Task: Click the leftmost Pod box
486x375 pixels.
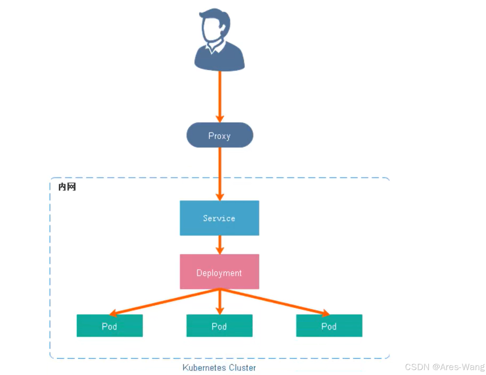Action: click(110, 326)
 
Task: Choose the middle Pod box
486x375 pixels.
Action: click(219, 326)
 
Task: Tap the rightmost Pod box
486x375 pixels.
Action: click(329, 326)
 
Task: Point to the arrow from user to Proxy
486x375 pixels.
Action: click(220, 95)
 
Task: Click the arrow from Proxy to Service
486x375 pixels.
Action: click(220, 173)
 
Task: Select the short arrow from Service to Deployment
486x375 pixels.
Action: click(220, 244)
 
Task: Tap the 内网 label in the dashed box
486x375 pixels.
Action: click(67, 187)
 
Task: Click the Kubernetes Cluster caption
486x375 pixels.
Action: click(219, 368)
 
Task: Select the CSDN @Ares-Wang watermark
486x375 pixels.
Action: click(444, 367)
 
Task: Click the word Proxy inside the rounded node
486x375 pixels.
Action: click(219, 136)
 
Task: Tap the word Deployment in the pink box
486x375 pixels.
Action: click(219, 273)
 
